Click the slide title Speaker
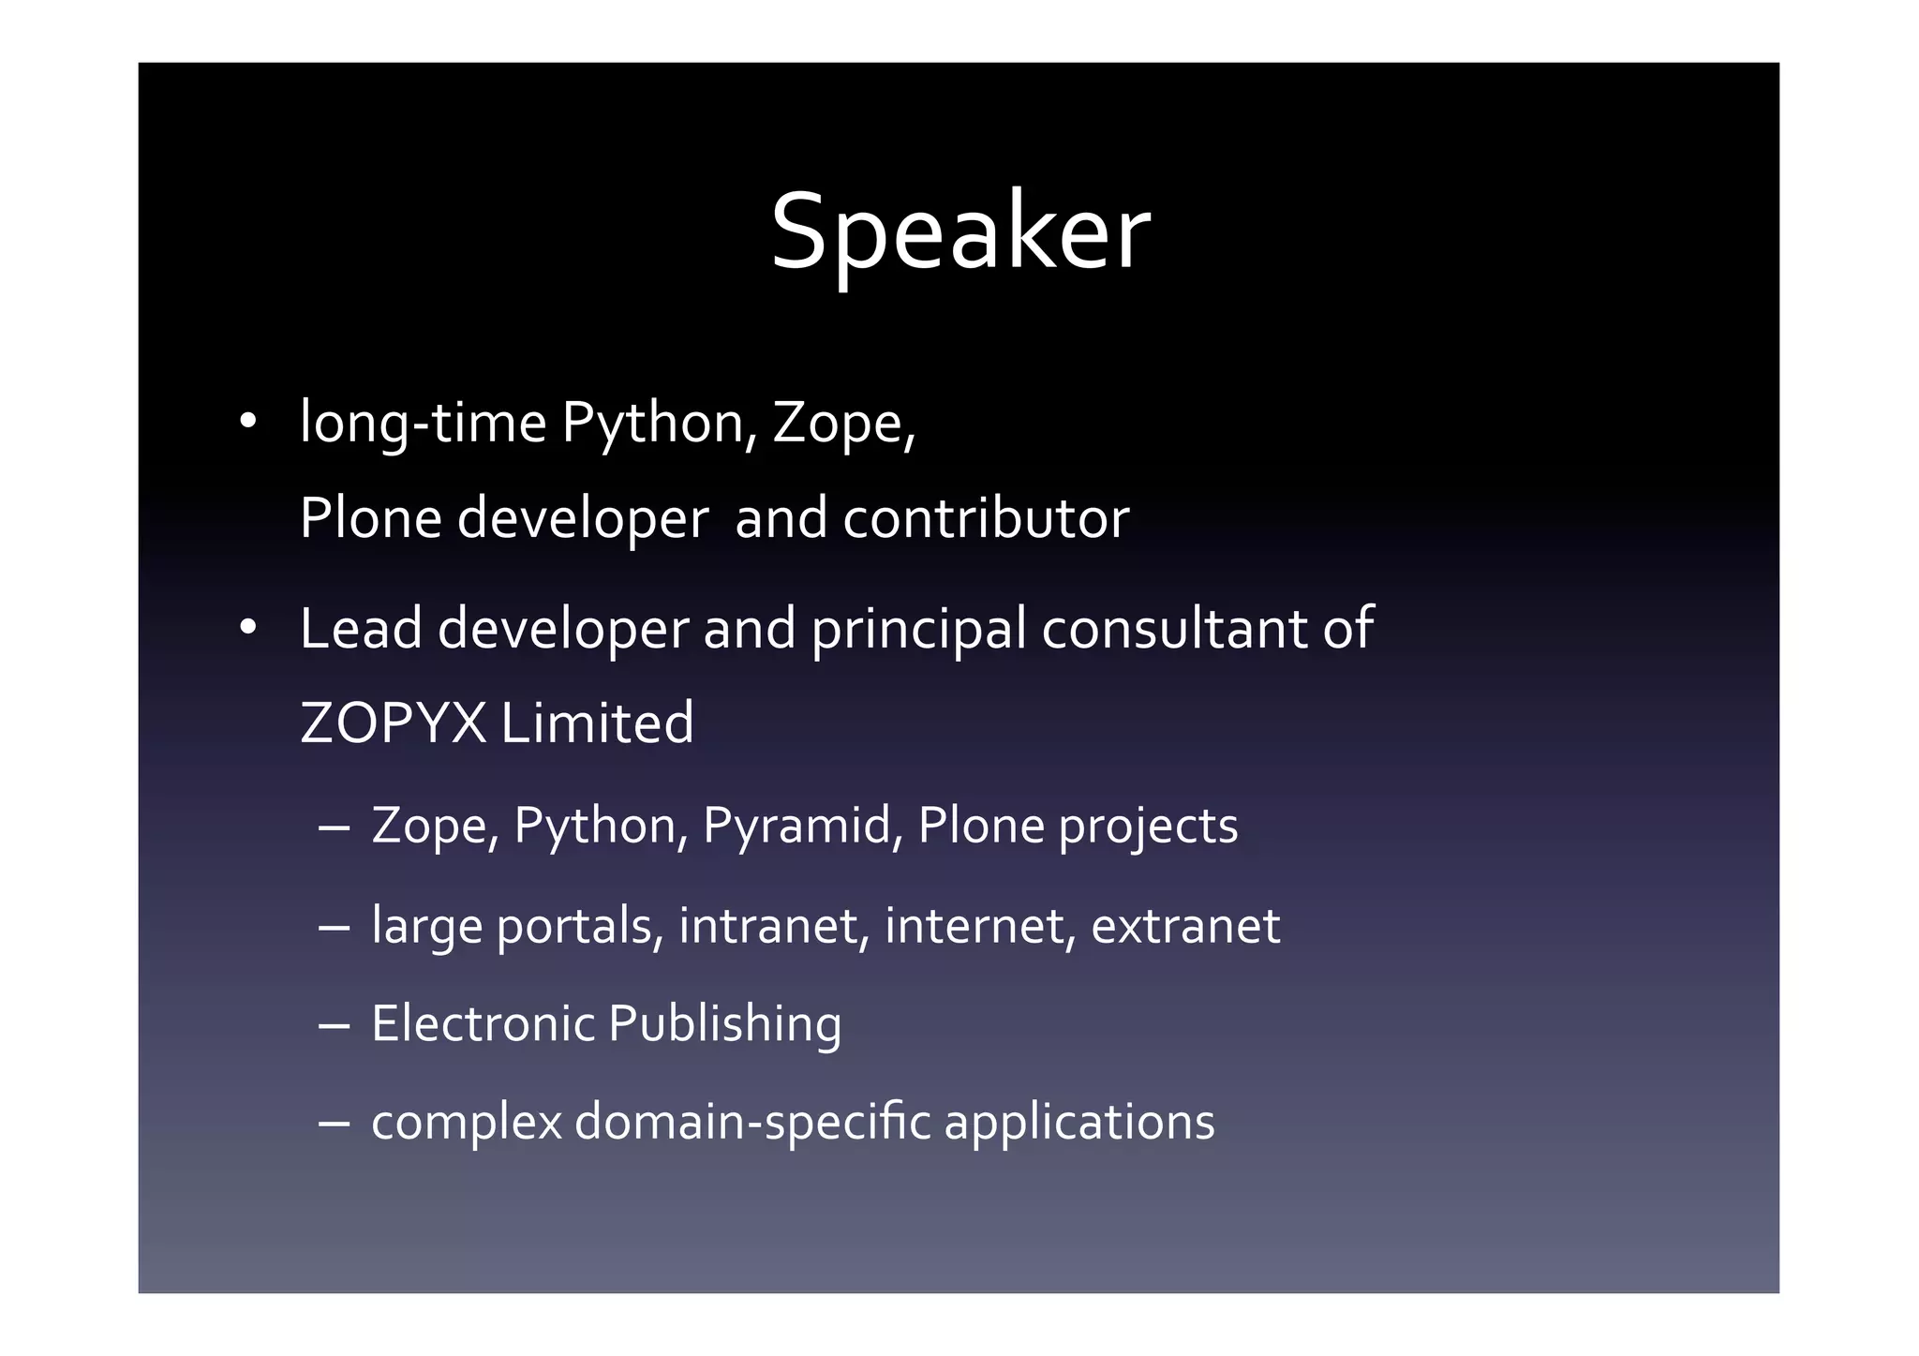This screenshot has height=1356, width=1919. [959, 232]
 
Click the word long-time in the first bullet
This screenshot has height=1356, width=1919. [423, 423]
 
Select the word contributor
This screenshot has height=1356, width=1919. [986, 518]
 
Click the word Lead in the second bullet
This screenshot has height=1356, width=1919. [361, 628]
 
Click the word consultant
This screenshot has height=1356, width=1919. [1174, 628]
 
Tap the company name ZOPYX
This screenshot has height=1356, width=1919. [394, 723]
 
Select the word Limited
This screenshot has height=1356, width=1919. [597, 723]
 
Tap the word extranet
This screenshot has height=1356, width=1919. [1185, 926]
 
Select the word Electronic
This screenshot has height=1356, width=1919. [482, 1023]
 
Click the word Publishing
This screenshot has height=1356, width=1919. [724, 1024]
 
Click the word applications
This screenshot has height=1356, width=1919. [1079, 1123]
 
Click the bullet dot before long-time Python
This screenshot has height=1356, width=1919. [247, 421]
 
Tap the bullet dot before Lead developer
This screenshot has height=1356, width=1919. [247, 627]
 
